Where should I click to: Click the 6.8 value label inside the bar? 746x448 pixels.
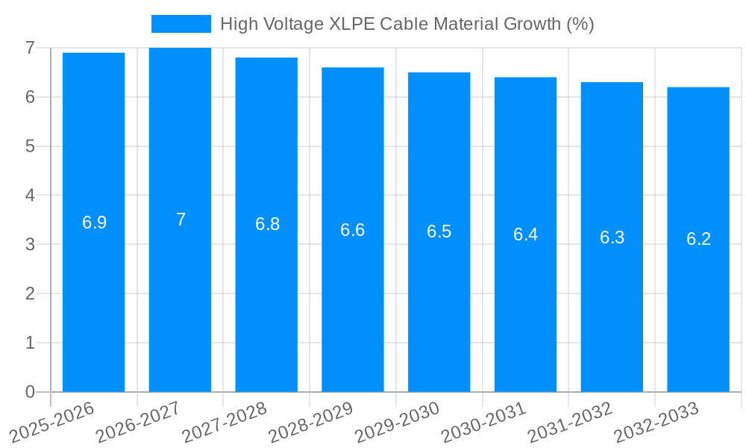click(267, 224)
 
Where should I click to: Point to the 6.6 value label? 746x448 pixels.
click(353, 230)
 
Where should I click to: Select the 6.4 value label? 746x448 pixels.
click(525, 234)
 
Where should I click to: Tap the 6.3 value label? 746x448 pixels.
click(612, 237)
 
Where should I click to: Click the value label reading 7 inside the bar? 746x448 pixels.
click(181, 220)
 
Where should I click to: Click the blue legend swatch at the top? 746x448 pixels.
click(181, 24)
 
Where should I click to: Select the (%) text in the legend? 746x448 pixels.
click(580, 24)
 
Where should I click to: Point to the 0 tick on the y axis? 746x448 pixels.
click(30, 392)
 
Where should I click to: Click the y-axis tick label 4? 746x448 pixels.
click(30, 196)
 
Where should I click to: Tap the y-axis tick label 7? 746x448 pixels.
click(30, 48)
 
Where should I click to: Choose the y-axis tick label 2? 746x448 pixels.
click(30, 293)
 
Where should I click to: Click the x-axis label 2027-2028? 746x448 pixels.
click(224, 423)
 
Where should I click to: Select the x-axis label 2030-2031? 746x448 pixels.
click(483, 423)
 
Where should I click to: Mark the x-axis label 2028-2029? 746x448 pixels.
click(310, 423)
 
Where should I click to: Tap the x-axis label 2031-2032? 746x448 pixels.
click(569, 423)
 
